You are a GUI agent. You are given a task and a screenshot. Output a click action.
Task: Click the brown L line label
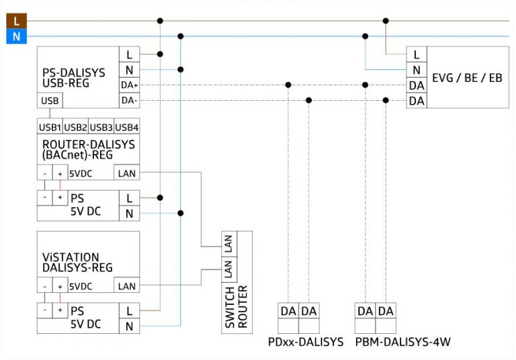point(15,21)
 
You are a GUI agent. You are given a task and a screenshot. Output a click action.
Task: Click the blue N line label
point(15,36)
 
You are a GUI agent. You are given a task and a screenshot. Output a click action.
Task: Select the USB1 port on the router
point(49,127)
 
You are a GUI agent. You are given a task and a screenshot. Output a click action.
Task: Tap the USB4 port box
point(126,127)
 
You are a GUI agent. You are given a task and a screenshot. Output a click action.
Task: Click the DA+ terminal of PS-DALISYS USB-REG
point(129,85)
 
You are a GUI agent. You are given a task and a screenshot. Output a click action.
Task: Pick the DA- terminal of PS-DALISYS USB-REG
point(129,101)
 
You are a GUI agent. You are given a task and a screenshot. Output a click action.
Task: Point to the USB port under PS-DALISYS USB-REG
point(49,101)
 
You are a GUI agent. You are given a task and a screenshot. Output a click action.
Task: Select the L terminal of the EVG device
point(417,54)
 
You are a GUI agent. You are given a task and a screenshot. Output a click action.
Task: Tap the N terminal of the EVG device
point(417,70)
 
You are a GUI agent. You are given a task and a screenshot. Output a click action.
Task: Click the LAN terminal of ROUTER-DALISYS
point(126,173)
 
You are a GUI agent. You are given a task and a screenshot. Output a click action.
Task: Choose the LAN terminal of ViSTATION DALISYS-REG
point(126,286)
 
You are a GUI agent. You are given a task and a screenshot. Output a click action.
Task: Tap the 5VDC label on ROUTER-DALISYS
point(80,173)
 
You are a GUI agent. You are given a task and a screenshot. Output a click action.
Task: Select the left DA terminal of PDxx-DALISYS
point(288,311)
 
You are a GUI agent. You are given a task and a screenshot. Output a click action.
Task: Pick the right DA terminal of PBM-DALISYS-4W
point(386,311)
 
